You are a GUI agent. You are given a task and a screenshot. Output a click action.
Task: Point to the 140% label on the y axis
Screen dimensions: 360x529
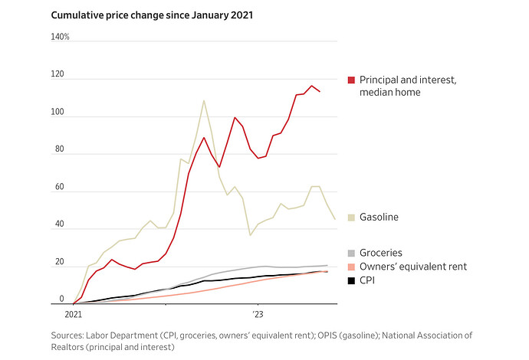point(61,37)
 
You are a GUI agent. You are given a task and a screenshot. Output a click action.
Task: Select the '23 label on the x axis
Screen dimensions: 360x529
point(258,314)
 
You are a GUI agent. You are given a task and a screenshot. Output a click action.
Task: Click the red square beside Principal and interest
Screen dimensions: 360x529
point(351,80)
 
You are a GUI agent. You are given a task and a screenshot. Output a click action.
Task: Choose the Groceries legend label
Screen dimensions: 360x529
point(381,252)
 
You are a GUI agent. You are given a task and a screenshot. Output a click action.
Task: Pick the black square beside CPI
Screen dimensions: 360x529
point(351,280)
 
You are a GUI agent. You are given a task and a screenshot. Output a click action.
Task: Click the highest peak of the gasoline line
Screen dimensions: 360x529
point(204,100)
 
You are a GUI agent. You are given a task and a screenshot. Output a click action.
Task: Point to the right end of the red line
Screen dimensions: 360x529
point(320,92)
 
